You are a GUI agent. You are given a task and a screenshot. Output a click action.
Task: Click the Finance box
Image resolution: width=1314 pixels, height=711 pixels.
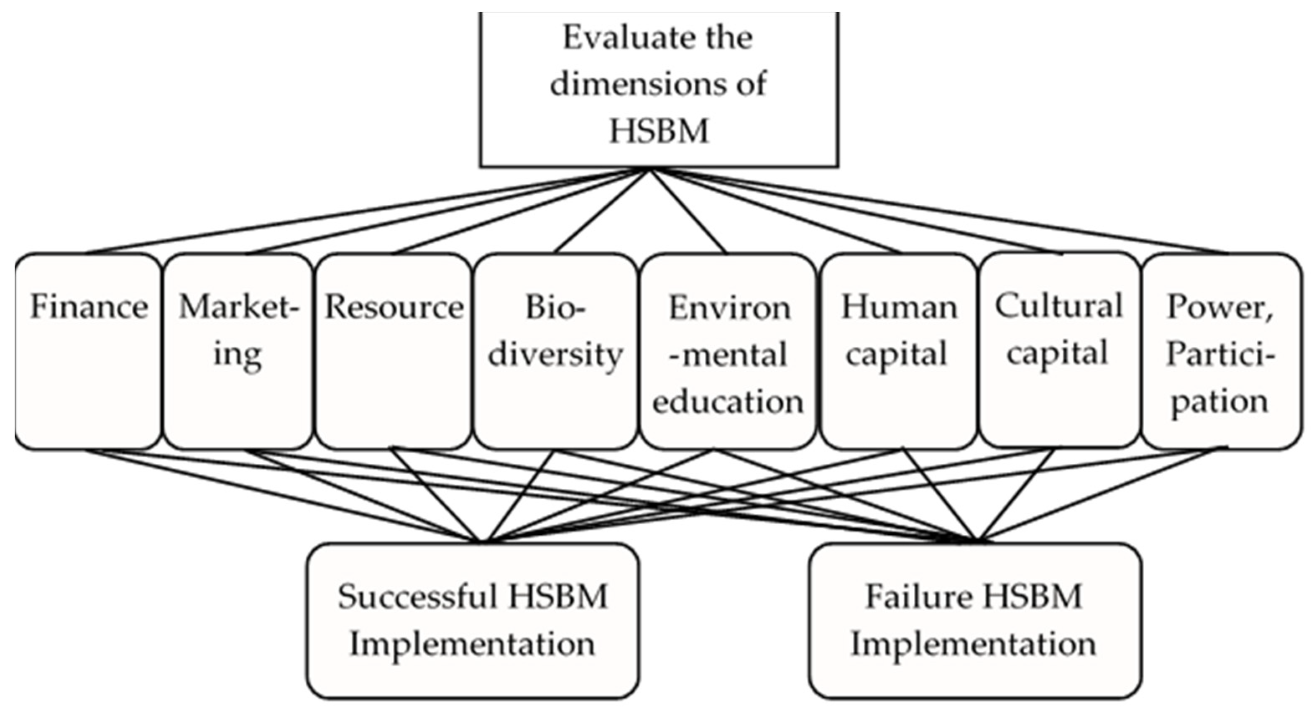tap(88, 352)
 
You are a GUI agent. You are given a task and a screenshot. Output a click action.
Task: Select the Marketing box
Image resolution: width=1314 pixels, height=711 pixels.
tap(238, 352)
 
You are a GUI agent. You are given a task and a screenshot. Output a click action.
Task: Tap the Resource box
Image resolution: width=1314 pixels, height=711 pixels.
tap(393, 352)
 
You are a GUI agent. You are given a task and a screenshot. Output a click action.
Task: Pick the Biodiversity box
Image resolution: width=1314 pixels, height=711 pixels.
tap(555, 352)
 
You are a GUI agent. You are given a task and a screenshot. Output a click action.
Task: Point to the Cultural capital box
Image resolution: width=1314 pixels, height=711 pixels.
tap(1059, 352)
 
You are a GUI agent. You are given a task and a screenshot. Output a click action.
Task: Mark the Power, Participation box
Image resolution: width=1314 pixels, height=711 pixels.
tap(1220, 352)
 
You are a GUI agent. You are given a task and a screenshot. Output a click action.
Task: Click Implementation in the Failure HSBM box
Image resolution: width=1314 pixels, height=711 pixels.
tap(973, 644)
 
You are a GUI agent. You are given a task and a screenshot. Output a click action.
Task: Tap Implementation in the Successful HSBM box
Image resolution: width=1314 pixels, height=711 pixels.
tap(472, 644)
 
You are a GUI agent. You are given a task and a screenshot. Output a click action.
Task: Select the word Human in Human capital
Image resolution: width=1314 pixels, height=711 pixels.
tap(899, 307)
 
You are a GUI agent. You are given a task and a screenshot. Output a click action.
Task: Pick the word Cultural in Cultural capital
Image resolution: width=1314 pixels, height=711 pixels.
tap(1059, 306)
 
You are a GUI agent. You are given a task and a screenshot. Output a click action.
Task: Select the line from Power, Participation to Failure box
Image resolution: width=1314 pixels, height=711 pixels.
tap(1102, 493)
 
